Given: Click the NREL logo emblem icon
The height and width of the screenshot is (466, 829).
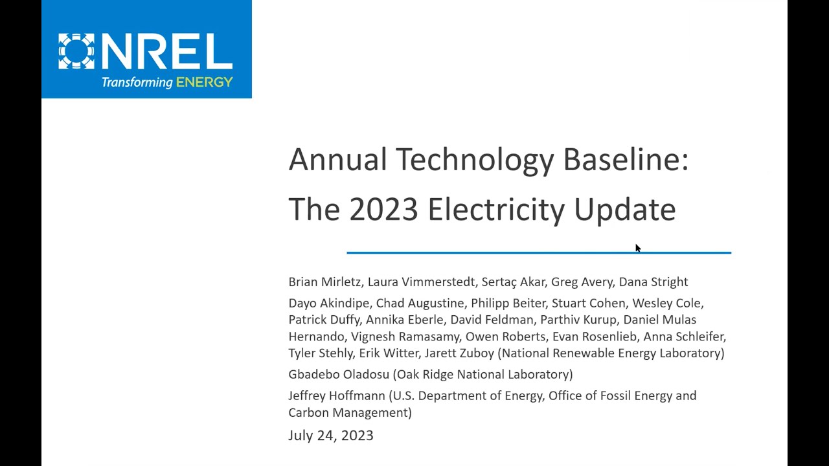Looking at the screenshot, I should [x=76, y=51].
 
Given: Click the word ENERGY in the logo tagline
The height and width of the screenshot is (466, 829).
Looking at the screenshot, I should [x=204, y=82].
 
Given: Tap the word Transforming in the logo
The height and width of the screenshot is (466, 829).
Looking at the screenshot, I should [x=137, y=83].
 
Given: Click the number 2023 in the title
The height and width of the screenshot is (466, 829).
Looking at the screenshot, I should [x=383, y=209].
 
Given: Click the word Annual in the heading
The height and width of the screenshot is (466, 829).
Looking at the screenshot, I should [x=337, y=159].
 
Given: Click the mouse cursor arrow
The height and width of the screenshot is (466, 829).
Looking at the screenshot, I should [x=637, y=248].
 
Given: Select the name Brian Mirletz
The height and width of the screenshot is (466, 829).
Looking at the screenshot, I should [x=324, y=282].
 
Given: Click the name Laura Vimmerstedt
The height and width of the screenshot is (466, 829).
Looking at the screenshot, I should [x=421, y=282].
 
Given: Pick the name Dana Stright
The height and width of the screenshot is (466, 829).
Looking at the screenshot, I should [x=653, y=282].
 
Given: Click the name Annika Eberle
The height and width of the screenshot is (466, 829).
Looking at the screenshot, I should [x=405, y=320].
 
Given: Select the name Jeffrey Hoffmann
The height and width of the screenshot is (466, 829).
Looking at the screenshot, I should [x=337, y=395].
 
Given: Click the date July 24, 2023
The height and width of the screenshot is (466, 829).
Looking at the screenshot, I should [x=331, y=436].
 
